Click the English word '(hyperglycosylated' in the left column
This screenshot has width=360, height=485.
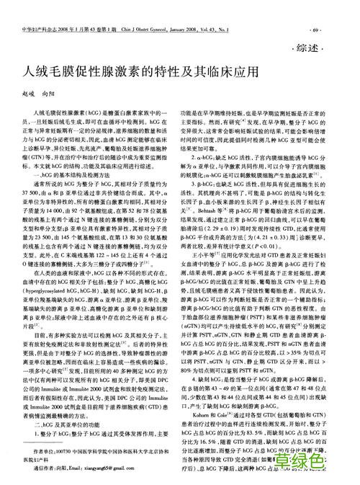click(43, 290)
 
